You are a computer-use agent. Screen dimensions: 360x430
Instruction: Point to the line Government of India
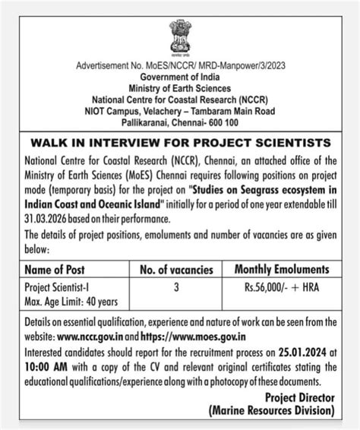click(x=180, y=77)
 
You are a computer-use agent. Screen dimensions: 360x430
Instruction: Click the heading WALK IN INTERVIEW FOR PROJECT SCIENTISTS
click(x=180, y=142)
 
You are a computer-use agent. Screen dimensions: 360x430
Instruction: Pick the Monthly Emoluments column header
click(x=282, y=269)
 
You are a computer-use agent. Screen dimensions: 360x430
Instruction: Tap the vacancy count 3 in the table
click(x=176, y=288)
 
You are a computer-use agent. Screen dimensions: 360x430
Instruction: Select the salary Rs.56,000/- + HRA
click(x=282, y=288)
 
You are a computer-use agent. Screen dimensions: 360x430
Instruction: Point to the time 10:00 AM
click(x=47, y=365)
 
